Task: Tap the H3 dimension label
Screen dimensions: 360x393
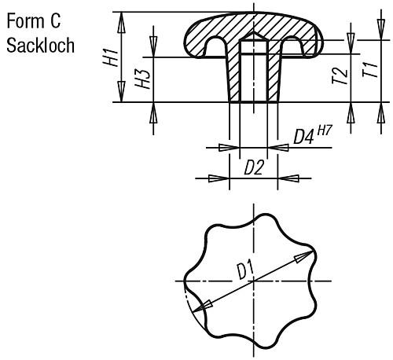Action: click(142, 79)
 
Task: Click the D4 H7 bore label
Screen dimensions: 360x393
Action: click(314, 136)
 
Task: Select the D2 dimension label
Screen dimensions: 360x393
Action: click(252, 167)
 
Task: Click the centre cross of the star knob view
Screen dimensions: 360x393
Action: click(252, 281)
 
